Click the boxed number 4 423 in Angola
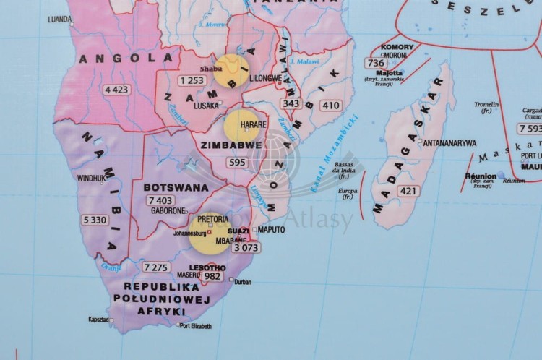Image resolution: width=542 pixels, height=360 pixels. coord(116,90)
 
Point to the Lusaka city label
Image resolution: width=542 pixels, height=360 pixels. coord(206,105)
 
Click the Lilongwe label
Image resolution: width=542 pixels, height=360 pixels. coord(264,77)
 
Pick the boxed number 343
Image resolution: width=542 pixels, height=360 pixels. coord(291,103)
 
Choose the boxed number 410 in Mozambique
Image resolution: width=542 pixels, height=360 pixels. coord(330,106)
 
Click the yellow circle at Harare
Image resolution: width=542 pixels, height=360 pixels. coord(241,126)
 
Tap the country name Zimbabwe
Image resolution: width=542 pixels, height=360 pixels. coord(231,145)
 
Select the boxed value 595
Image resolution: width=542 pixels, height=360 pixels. coord(236,163)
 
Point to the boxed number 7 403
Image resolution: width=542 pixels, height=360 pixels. coord(160,200)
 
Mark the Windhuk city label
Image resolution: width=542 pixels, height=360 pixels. coord(92,177)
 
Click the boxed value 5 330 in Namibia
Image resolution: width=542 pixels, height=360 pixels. coord(95,219)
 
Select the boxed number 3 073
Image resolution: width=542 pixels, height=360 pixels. coord(245,247)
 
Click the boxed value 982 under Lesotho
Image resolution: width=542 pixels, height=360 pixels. coord(212,276)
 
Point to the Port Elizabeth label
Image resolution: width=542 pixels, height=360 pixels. coord(196,327)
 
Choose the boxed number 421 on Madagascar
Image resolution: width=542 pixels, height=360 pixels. coord(408,191)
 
